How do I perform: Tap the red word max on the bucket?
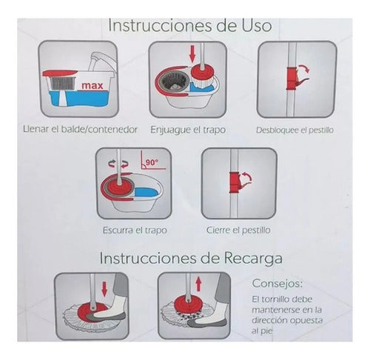92,86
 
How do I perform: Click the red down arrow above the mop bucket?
192,53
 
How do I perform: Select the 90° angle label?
152,163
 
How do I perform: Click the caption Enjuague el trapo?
188,130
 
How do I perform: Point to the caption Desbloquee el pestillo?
295,130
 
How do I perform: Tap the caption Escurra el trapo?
135,230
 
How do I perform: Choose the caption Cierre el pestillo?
238,230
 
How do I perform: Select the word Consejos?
277,284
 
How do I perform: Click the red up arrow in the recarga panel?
198,284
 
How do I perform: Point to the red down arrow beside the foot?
104,290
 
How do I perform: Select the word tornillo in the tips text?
277,299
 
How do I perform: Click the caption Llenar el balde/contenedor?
80,130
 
